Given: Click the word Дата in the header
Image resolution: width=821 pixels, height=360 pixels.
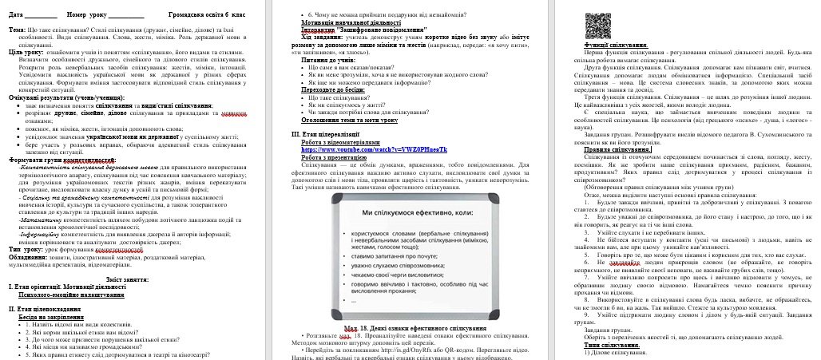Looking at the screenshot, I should [x=17, y=15].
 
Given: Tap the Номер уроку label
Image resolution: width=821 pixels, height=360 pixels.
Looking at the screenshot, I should [x=85, y=15].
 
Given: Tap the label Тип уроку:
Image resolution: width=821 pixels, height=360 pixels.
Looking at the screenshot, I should [x=24, y=250].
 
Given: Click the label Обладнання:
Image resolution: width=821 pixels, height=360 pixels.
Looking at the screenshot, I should [x=27, y=257].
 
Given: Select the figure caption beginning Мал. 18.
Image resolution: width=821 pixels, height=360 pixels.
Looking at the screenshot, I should [x=410, y=329].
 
